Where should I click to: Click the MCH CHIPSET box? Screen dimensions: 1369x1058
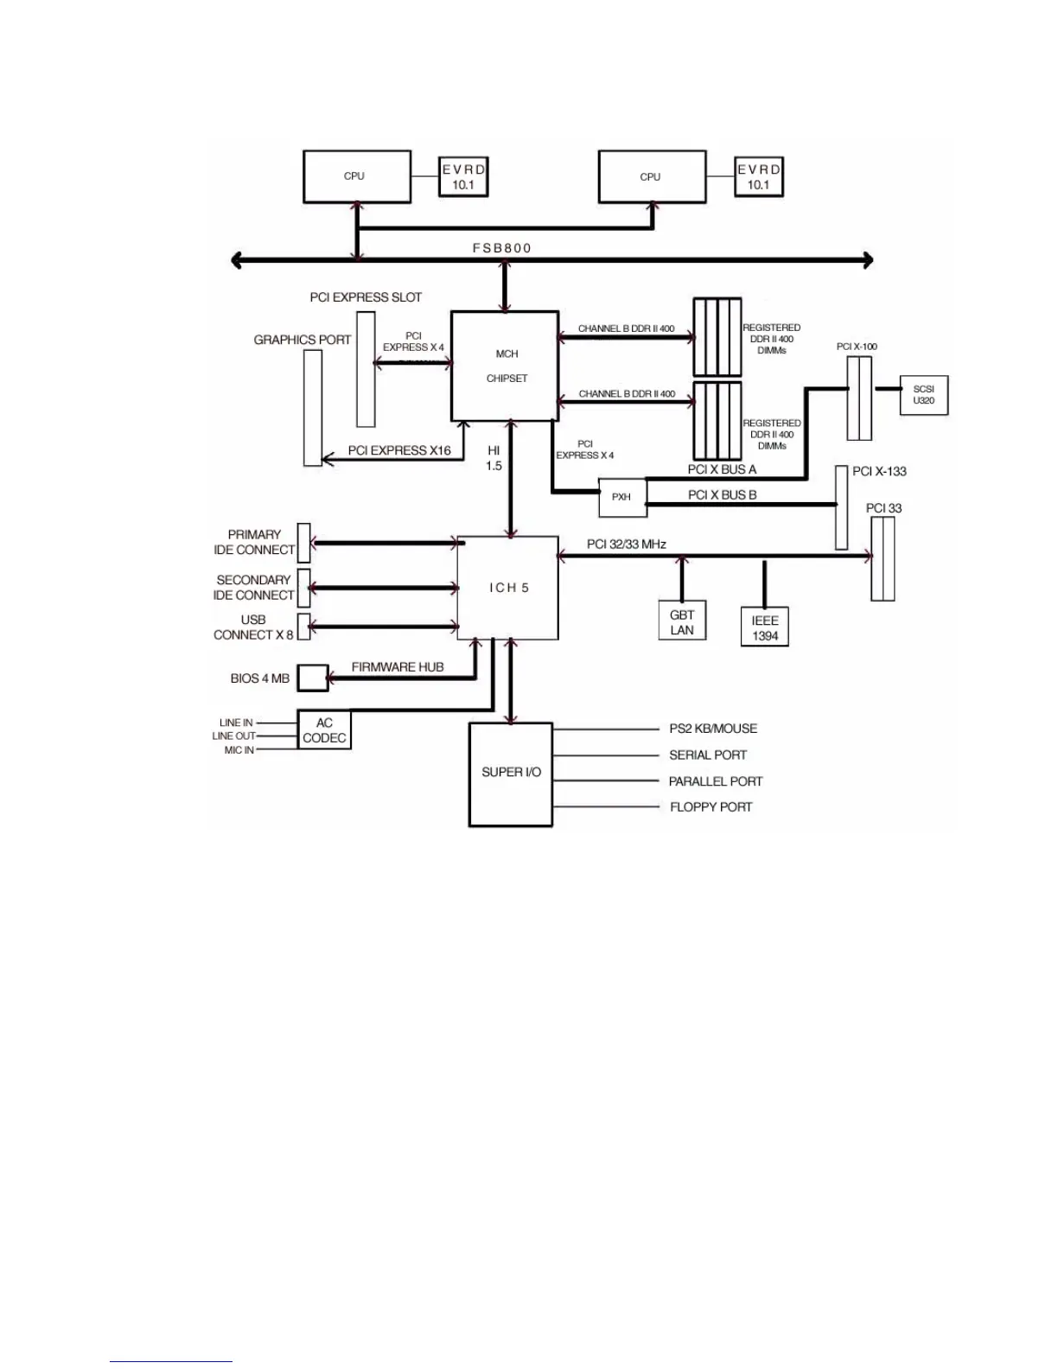coord(505,366)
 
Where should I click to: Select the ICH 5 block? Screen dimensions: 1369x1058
coord(507,588)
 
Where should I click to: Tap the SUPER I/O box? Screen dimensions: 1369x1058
coord(511,773)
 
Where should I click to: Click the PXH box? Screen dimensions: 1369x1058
coord(621,497)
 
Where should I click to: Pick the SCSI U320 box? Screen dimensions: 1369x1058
coord(923,395)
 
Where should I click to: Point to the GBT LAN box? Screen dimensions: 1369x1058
coord(682,622)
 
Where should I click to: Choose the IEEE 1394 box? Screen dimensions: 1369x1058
coord(765,628)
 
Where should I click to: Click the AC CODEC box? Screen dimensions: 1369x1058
coord(324,730)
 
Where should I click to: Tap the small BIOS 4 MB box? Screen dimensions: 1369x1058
coord(313,678)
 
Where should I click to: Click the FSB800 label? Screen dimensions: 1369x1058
coord(502,248)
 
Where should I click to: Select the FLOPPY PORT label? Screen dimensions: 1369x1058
coord(711,807)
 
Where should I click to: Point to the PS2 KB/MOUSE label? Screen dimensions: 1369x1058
coord(713,729)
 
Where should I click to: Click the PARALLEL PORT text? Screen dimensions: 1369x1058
coord(716,781)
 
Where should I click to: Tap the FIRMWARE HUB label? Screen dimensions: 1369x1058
coord(398,667)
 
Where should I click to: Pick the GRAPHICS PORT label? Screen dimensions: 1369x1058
coord(303,340)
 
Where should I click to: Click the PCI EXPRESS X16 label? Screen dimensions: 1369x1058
coord(399,450)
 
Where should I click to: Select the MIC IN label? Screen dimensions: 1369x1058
coord(239,750)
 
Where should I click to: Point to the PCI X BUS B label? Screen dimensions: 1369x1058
coord(722,495)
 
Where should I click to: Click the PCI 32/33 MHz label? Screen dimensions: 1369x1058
coord(627,544)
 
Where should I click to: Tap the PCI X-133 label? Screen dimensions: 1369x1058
coord(879,471)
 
